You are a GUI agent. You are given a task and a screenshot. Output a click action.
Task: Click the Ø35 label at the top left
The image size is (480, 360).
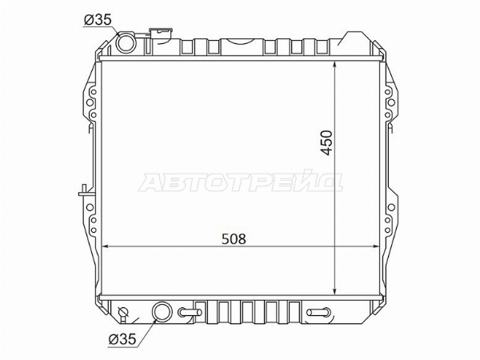98,20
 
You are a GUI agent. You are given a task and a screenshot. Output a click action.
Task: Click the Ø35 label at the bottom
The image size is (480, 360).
122,339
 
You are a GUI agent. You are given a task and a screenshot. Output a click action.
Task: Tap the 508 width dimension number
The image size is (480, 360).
234,238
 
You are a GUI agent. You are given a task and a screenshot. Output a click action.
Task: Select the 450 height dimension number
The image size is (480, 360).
327,142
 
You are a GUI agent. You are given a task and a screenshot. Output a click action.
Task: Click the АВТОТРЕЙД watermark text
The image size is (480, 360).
241,182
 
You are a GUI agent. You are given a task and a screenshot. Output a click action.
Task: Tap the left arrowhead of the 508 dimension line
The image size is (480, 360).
105,246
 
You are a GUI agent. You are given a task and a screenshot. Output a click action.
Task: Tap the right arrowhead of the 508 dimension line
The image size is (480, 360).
376,246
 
